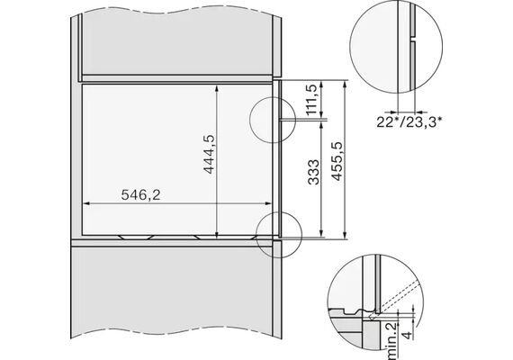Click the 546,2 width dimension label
tap(140, 195)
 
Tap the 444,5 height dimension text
tap(209, 154)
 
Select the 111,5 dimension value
tap(311, 100)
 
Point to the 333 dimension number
tap(314, 172)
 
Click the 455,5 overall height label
tap(337, 161)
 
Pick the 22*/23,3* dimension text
tap(409, 122)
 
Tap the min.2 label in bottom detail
tap(391, 340)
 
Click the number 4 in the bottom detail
tap(408, 335)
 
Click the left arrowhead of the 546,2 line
tap(86, 203)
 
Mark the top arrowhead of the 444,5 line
tap(217, 88)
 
